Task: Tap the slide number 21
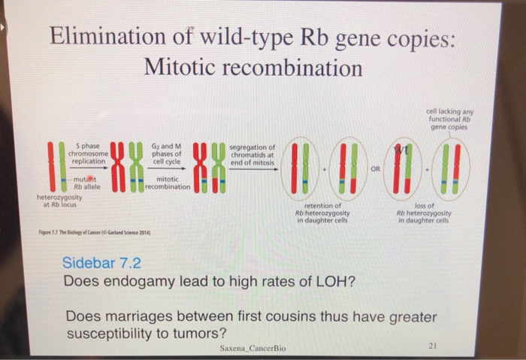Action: pos(431,345)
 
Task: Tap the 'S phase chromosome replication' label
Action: pos(89,153)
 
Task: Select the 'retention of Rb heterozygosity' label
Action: pos(319,212)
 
